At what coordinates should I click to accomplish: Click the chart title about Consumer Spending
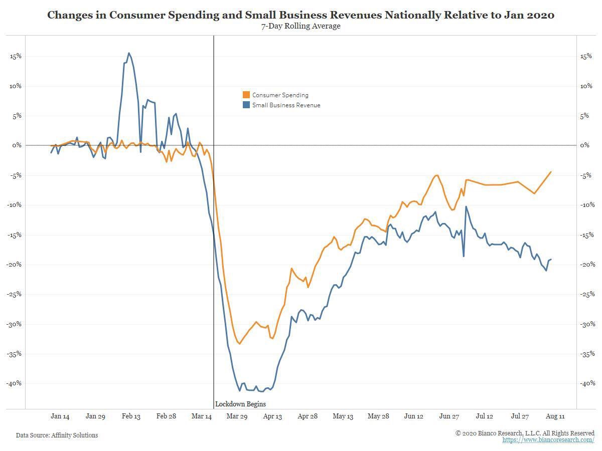coord(300,15)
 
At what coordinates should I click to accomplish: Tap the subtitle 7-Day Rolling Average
coord(300,26)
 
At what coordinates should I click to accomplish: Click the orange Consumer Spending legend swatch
coord(246,95)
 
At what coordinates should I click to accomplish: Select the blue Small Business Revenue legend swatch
coord(246,105)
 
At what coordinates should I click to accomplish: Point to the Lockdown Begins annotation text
coord(240,404)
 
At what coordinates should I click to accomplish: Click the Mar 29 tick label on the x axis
coord(237,416)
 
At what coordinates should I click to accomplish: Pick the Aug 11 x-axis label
coord(555,416)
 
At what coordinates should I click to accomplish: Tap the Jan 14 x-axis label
coord(60,416)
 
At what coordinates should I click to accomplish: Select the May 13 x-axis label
coord(343,416)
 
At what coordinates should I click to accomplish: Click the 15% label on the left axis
coord(16,56)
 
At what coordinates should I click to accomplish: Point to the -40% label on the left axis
coord(14,383)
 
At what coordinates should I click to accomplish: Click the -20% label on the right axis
coord(587,265)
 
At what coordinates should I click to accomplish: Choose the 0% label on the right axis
coord(585,145)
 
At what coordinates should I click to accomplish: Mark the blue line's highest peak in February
coord(129,53)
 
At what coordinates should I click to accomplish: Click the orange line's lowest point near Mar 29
coord(240,344)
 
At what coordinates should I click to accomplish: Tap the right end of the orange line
coord(551,172)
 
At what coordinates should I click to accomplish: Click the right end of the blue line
coord(551,259)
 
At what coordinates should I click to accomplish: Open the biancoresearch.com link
coord(548,440)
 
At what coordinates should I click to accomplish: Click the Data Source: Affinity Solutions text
coord(57,435)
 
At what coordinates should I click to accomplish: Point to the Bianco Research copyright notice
coord(525,433)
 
